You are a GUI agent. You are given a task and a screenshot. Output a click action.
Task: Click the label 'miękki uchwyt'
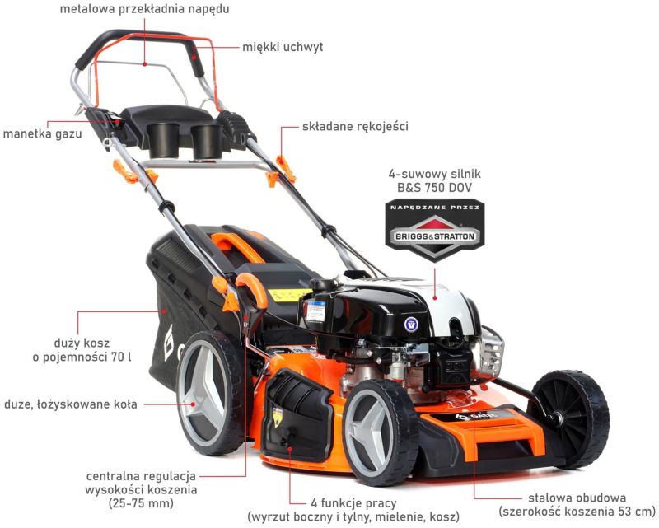point(283,47)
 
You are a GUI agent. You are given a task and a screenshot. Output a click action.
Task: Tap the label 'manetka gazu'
point(43,133)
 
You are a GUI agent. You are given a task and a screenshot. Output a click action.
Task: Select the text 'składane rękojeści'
point(355,126)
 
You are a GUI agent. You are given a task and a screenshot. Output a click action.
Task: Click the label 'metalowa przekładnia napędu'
point(145,9)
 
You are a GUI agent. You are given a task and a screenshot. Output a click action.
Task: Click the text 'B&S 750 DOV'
point(435,188)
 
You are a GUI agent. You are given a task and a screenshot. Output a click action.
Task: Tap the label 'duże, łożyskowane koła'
point(71,404)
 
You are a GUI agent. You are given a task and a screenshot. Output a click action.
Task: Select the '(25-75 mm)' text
point(141,503)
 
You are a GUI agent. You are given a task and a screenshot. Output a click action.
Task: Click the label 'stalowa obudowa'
point(577,498)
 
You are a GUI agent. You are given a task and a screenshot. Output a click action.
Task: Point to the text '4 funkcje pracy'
point(353,502)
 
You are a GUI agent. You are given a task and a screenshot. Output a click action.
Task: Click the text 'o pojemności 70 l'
point(82,357)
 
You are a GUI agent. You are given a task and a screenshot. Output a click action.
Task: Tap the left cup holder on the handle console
point(163,139)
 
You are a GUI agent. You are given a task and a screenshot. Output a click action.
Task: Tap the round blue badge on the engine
point(410,324)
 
